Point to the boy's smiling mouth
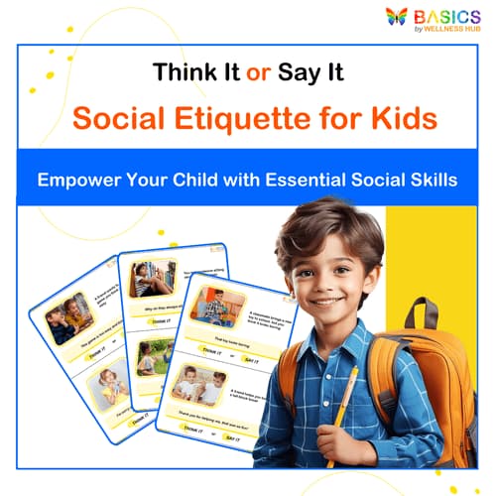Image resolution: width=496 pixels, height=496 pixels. point(325,297)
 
